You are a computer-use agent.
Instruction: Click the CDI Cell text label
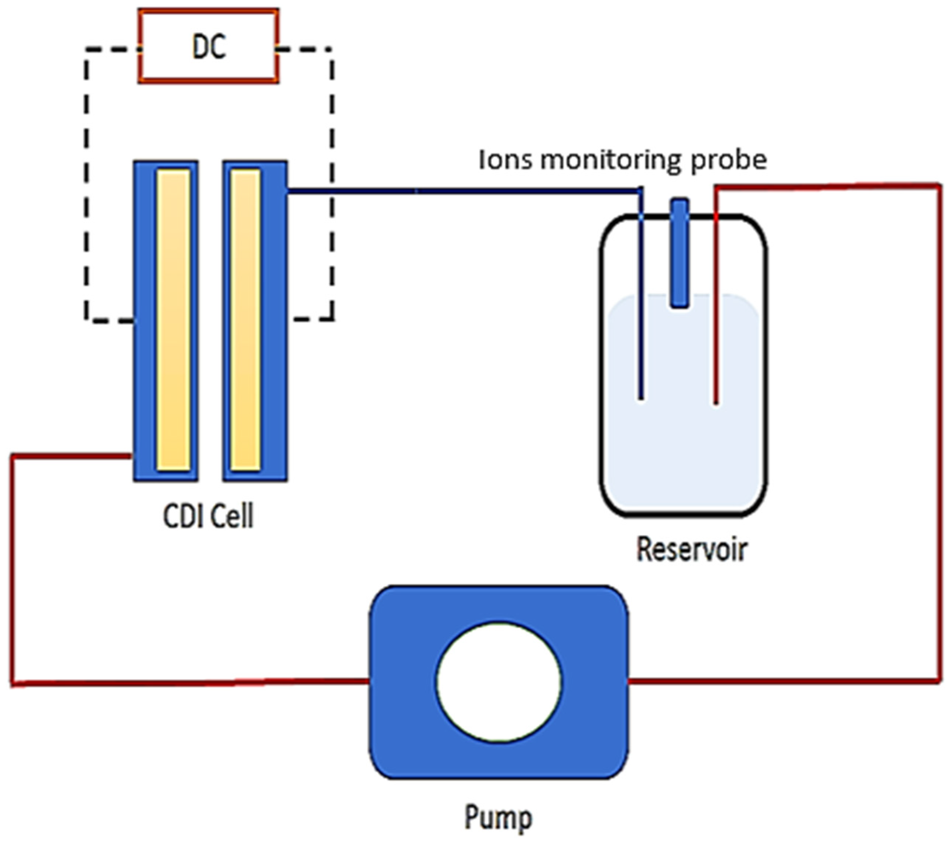coord(208,516)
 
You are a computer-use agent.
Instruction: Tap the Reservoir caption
coord(691,549)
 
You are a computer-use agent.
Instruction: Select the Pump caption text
coord(499,818)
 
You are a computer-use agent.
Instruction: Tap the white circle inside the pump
coord(499,682)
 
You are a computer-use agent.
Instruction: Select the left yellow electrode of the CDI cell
coord(174,320)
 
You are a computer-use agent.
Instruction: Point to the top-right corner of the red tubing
coord(940,186)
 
